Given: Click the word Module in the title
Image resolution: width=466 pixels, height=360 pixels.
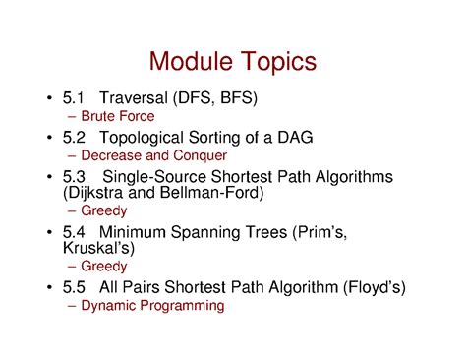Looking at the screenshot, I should (191, 61).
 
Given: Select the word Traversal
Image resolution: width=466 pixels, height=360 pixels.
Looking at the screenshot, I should (134, 98).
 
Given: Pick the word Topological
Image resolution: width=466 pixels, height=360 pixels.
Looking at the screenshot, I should (146, 137).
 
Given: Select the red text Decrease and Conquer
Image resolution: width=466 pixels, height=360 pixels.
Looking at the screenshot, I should (154, 155).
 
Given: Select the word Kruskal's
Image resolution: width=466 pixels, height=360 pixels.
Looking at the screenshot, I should (95, 249).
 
